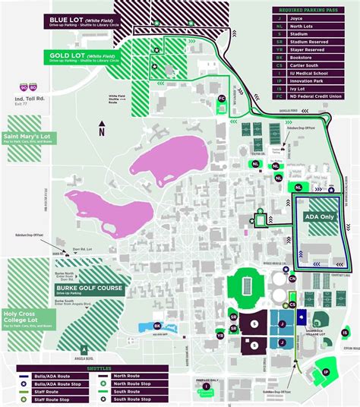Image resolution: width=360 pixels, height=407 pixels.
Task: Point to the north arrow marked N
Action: click(x=101, y=131)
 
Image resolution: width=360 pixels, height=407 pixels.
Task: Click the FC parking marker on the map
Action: click(x=222, y=99)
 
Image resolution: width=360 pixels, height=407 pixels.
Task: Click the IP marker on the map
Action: click(x=326, y=371)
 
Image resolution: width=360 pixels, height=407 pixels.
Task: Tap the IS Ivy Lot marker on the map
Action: click(x=345, y=332)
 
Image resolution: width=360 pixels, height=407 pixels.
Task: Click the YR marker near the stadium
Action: click(x=220, y=335)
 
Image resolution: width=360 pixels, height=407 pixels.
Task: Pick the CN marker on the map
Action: click(x=293, y=279)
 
